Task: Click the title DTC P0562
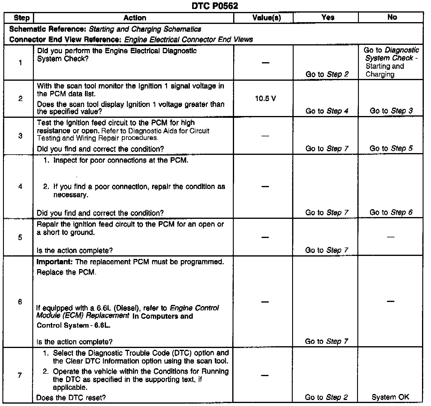(215, 6)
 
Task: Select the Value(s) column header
(267, 18)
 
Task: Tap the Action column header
(135, 18)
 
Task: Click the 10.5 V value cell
(265, 99)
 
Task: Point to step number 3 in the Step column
(20, 136)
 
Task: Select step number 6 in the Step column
(20, 301)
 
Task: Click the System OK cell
(390, 397)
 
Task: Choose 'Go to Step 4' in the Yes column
(327, 111)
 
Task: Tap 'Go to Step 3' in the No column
(391, 111)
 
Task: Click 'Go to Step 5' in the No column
(391, 148)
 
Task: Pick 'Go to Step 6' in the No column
(391, 212)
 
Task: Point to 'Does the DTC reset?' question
(71, 398)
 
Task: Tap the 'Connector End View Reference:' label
(66, 39)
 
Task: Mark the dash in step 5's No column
(390, 237)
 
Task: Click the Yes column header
(328, 17)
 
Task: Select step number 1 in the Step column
(20, 63)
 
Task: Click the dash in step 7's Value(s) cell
(265, 375)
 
